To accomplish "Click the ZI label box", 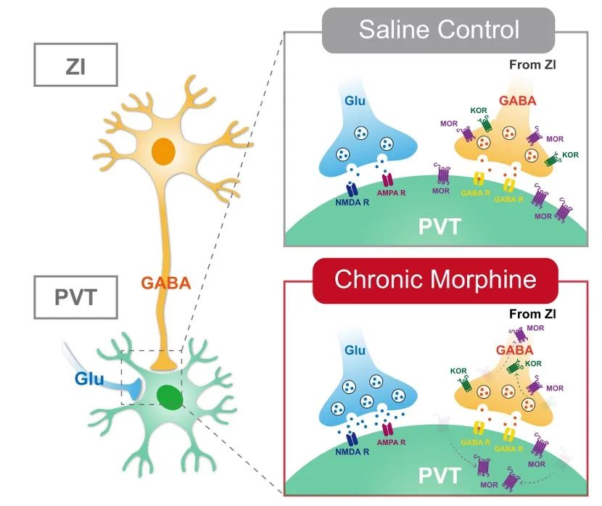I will [x=75, y=66].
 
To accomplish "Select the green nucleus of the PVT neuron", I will [x=171, y=397].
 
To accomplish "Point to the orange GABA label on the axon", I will [x=166, y=283].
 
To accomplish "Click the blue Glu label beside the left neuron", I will [x=88, y=378].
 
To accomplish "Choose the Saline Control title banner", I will [x=439, y=30].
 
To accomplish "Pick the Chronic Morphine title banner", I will [x=434, y=281].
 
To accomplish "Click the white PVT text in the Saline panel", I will [x=439, y=227].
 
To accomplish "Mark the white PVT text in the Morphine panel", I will [x=439, y=476].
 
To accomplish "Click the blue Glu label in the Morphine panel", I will [x=355, y=350].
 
